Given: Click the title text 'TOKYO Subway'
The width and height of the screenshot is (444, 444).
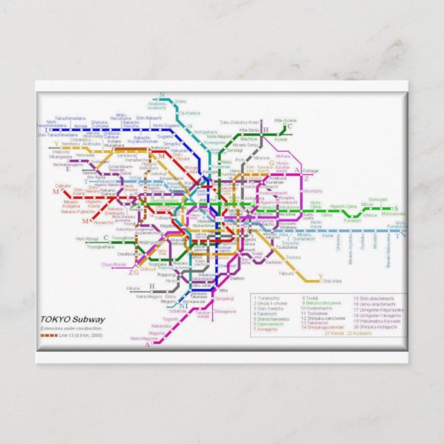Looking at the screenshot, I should [x=72, y=319].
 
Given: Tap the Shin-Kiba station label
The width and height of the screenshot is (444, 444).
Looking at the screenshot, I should [x=332, y=281].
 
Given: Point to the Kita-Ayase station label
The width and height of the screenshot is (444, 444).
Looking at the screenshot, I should [x=285, y=121].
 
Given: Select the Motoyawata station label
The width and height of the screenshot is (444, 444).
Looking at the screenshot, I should [x=394, y=214].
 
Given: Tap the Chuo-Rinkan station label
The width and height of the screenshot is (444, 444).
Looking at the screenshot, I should [x=114, y=264].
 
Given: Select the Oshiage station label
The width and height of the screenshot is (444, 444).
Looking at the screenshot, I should [x=310, y=170].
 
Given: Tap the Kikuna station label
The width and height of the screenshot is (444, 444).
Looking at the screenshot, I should [x=133, y=287].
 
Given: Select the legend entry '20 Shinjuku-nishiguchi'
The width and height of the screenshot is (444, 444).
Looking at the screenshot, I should [x=378, y=326].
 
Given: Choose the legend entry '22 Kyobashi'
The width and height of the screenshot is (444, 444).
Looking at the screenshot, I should [x=360, y=333].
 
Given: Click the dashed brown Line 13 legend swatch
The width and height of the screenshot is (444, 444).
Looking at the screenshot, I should [x=49, y=334].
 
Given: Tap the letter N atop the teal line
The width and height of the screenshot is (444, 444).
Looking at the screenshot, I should [x=162, y=94].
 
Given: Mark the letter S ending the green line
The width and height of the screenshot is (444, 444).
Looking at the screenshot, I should [x=395, y=208].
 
